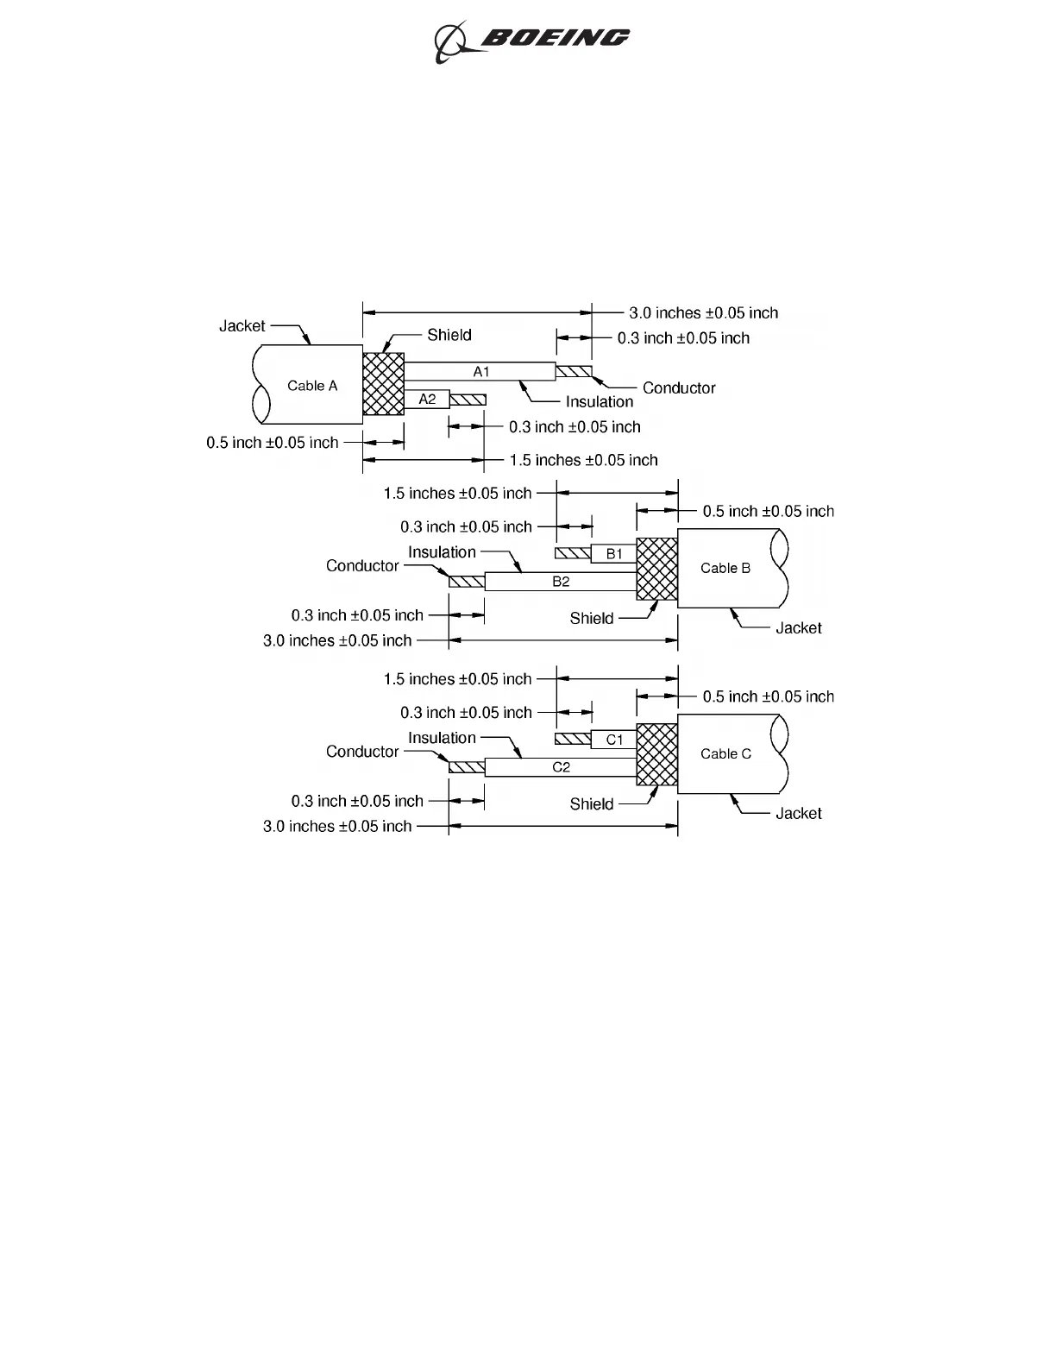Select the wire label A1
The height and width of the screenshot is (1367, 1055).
481,372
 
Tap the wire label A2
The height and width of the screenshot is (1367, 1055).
427,400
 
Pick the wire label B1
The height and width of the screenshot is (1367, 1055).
614,554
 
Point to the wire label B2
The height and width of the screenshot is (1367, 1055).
561,582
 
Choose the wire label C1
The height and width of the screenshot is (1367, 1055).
614,740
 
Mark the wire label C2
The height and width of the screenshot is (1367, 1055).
561,767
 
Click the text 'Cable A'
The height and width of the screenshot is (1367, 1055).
312,386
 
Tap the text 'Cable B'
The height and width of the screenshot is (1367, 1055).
725,568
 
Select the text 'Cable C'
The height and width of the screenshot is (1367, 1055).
725,753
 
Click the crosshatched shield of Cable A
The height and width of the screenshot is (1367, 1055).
384,384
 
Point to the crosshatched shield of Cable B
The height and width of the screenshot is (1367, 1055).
657,569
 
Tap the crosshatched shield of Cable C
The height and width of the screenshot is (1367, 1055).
657,754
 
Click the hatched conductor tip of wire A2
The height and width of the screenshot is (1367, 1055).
468,400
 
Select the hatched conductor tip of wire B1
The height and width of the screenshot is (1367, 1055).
573,553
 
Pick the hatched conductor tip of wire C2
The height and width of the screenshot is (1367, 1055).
467,767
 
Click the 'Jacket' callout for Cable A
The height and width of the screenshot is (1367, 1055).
242,326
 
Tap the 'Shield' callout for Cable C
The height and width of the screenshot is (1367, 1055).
592,804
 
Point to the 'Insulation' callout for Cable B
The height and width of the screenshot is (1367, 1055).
442,552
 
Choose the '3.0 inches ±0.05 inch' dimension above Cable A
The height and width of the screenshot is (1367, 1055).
703,313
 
